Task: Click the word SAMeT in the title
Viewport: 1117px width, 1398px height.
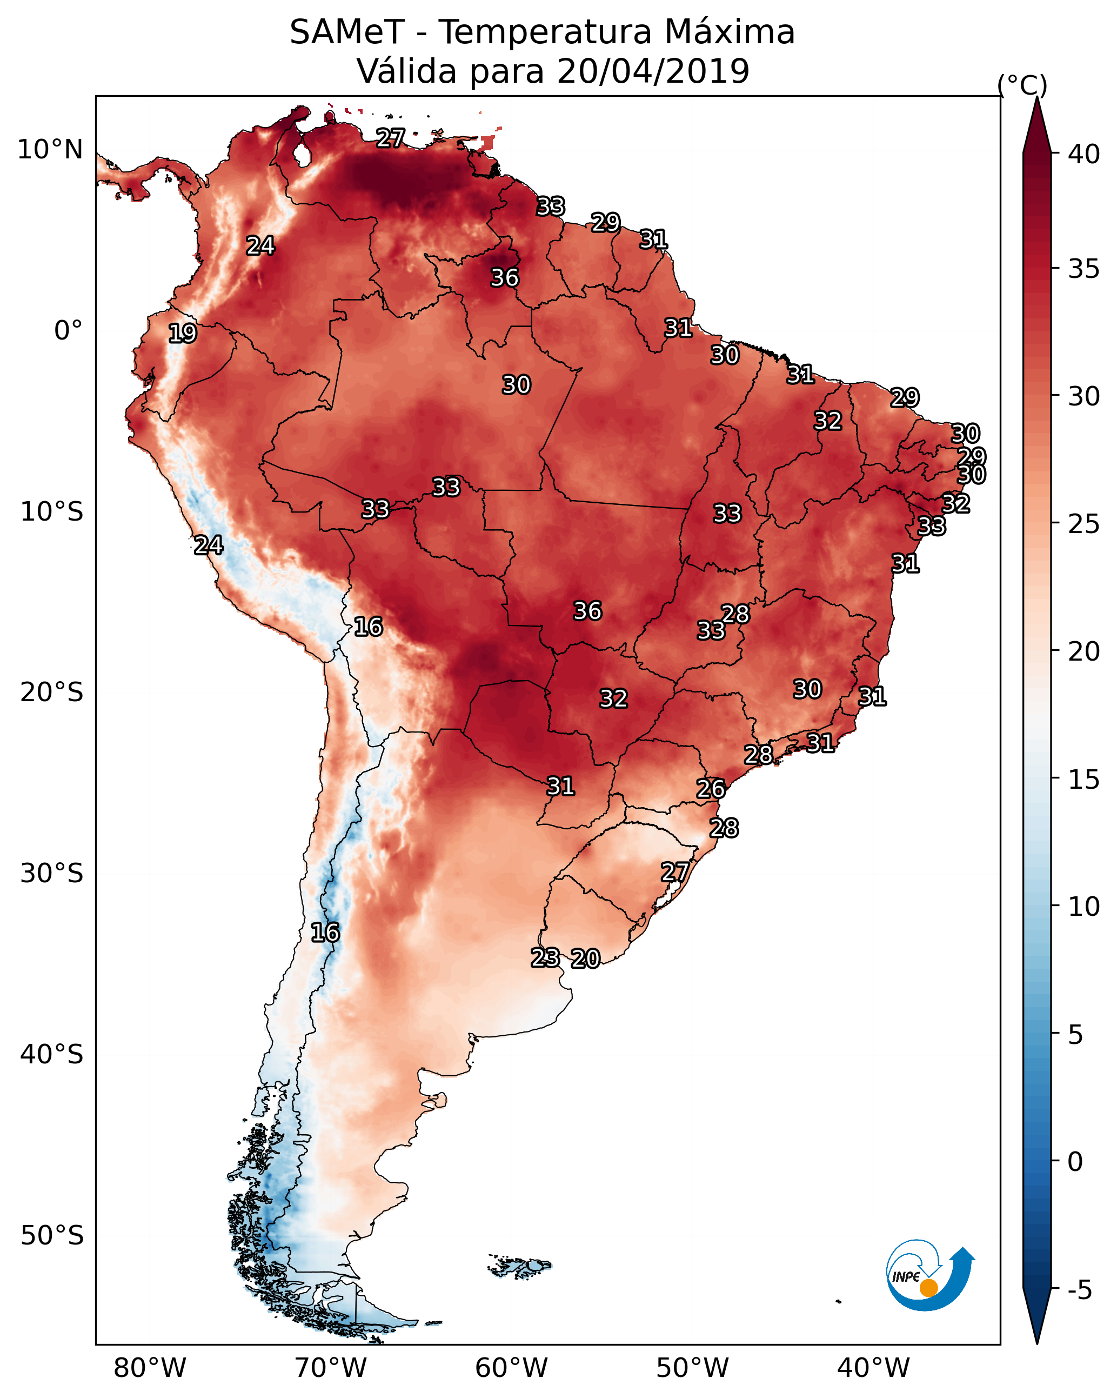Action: click(347, 32)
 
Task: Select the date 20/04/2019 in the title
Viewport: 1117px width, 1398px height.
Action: click(653, 71)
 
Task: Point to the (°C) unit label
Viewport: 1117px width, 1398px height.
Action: click(1022, 84)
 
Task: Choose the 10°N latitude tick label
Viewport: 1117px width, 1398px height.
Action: click(50, 150)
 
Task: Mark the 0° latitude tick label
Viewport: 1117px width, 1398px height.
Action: click(68, 331)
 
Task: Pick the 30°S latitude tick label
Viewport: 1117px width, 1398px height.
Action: click(52, 874)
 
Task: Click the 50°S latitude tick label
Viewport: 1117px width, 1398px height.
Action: click(52, 1235)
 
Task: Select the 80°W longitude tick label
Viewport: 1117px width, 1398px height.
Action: click(150, 1368)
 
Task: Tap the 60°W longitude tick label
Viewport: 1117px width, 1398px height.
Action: click(512, 1368)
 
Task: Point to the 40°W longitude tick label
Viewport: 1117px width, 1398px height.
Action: click(873, 1368)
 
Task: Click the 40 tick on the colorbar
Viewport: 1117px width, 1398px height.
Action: click(1084, 154)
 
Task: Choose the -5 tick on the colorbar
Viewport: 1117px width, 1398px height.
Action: click(1079, 1290)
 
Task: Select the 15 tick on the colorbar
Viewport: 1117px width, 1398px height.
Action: click(1084, 780)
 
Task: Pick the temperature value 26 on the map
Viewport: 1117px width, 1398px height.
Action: click(711, 789)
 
